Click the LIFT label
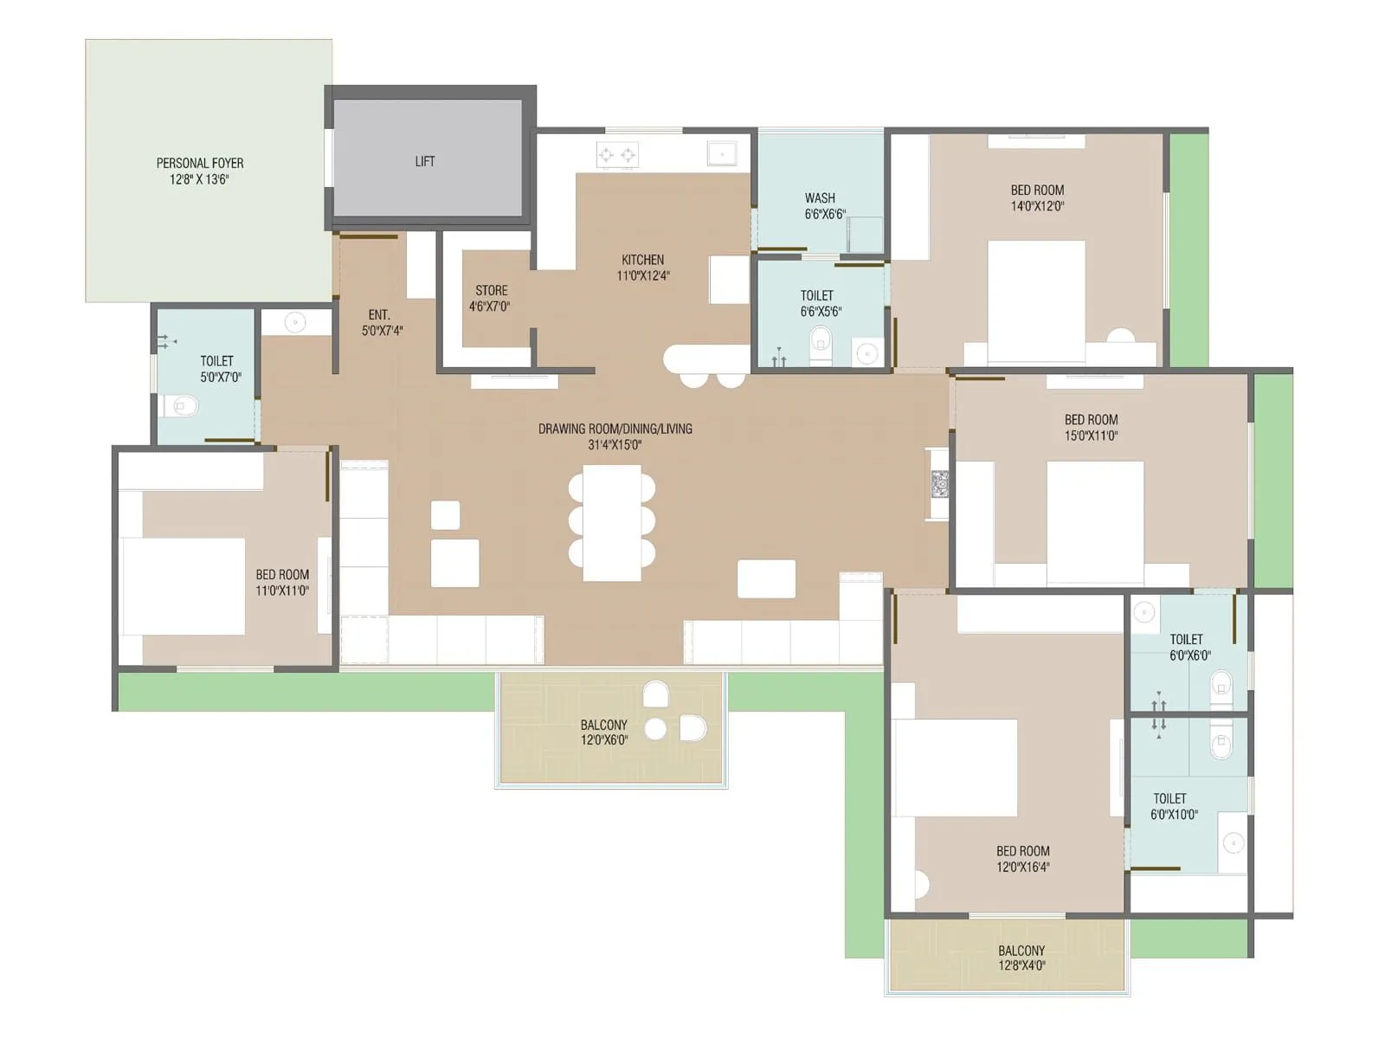424,161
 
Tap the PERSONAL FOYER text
200,163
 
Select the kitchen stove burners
617,156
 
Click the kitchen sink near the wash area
722,153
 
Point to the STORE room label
491,290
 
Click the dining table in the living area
612,523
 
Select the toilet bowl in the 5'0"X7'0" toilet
180,404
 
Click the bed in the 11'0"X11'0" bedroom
183,586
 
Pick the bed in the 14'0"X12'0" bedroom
1036,300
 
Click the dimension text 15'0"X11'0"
1091,436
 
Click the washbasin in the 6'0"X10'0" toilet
1232,842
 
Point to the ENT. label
379,314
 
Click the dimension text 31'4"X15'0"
615,445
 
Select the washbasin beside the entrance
295,323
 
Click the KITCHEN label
642,260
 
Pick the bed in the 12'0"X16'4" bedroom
956,767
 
